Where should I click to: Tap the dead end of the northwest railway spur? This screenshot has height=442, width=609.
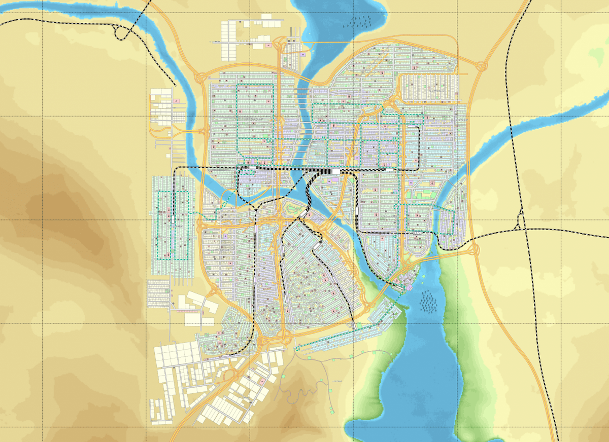point(175,85)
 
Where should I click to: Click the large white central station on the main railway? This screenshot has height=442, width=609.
point(335,172)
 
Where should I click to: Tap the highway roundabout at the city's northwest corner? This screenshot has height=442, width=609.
point(199,79)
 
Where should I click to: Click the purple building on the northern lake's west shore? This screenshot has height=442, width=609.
point(303,53)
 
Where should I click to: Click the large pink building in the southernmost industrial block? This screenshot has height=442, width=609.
point(262,381)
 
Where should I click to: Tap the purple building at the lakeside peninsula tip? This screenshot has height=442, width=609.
point(409,287)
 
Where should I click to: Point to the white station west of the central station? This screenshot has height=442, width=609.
point(252,167)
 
